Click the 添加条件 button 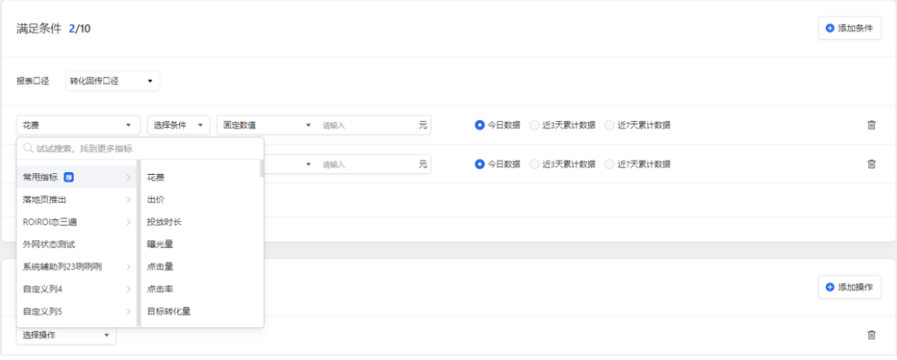(849, 29)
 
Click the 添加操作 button (849, 287)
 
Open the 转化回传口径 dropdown (112, 82)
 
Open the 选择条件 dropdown (178, 125)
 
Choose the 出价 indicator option (156, 200)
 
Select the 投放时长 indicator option (165, 222)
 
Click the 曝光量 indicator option (161, 244)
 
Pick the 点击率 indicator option (161, 289)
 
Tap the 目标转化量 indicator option (169, 310)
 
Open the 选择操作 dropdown (66, 335)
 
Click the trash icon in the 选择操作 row (872, 335)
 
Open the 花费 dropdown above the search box (78, 125)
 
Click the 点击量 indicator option (161, 266)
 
